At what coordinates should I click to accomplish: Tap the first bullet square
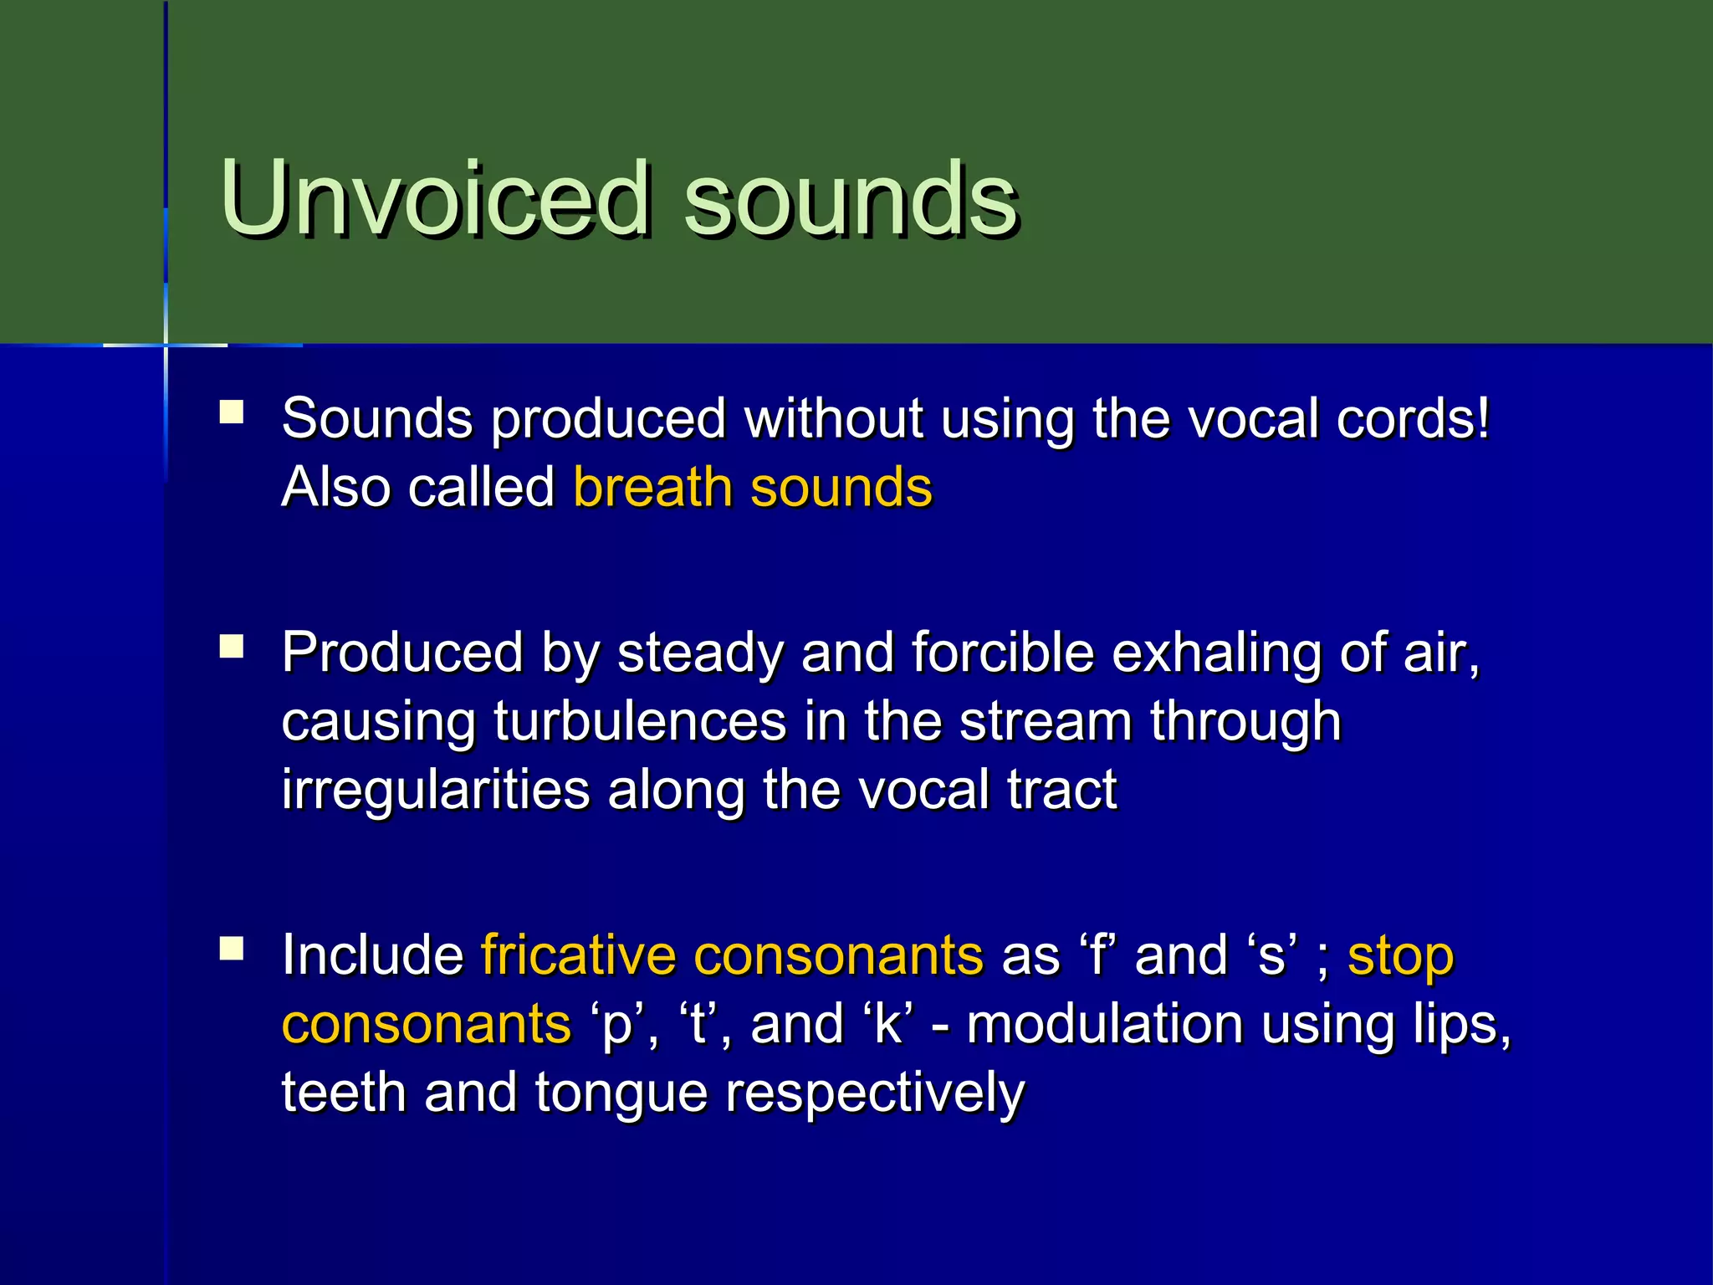[x=232, y=412]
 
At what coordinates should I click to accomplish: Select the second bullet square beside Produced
[x=232, y=646]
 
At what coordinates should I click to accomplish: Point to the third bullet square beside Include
[x=232, y=948]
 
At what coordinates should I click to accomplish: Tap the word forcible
[x=1002, y=652]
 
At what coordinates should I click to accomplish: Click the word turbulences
[x=640, y=720]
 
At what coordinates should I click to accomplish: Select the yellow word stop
[x=1400, y=956]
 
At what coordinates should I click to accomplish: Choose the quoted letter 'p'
[x=617, y=1025]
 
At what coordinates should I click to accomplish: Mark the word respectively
[x=874, y=1093]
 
